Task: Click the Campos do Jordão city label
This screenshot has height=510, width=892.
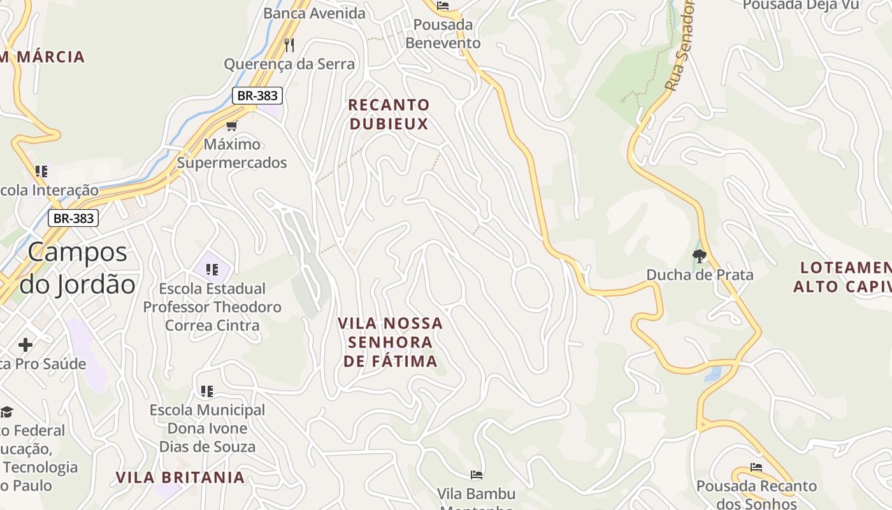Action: [x=78, y=268]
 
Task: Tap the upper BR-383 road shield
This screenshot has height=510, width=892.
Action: [x=257, y=96]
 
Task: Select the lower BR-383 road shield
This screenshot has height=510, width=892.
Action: [x=73, y=218]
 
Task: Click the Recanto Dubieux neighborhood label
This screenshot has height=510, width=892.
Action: [x=389, y=114]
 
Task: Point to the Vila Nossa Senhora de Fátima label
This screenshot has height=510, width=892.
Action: [x=391, y=342]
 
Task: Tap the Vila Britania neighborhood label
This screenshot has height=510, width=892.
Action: [x=180, y=477]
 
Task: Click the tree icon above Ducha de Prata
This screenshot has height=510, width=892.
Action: [x=700, y=256]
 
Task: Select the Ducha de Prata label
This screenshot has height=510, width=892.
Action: [x=700, y=275]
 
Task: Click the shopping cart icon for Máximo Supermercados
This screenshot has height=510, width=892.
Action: [x=231, y=126]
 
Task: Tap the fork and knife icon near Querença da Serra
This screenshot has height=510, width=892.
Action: [x=289, y=45]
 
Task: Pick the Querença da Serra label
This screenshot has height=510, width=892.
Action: [x=289, y=64]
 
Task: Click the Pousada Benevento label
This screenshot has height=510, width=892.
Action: [x=443, y=34]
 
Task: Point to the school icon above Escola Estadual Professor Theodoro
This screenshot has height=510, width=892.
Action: [x=212, y=270]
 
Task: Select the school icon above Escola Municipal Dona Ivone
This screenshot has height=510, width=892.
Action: [x=206, y=391]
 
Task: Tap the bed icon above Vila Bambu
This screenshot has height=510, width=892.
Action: [x=476, y=475]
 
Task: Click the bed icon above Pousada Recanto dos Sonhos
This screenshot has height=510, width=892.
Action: [x=756, y=467]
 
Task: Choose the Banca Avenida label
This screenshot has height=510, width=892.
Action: [x=314, y=13]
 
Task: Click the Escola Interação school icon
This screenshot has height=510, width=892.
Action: [x=41, y=171]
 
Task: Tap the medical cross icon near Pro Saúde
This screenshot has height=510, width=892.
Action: [x=25, y=346]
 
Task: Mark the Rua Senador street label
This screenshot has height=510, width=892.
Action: [x=680, y=45]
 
